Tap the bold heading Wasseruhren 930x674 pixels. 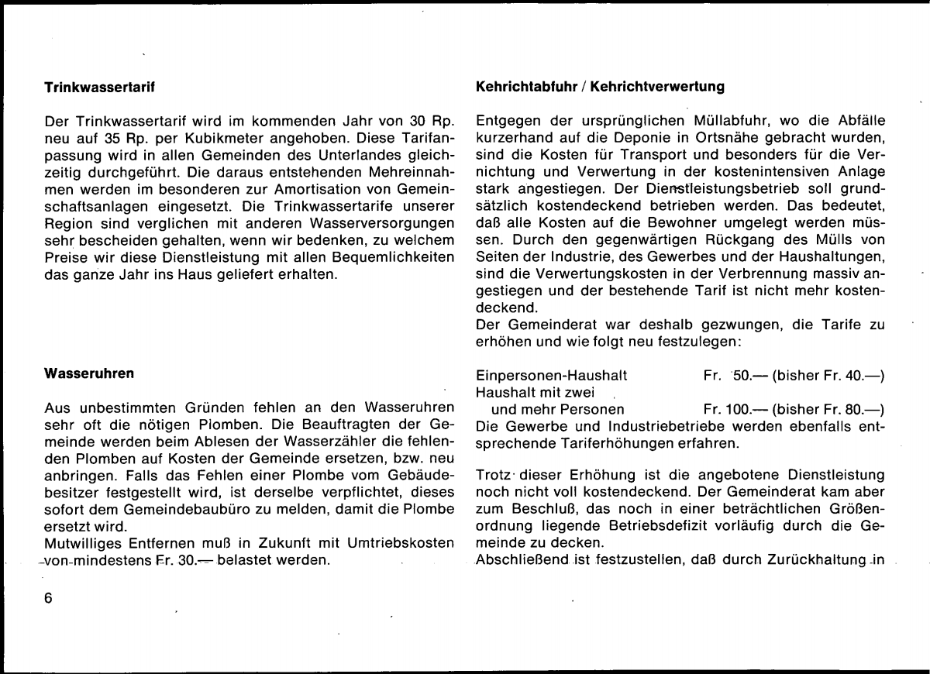click(88, 373)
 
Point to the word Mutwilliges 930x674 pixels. click(85, 543)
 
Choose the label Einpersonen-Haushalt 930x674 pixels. click(552, 376)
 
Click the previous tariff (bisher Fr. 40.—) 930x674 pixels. click(828, 376)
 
